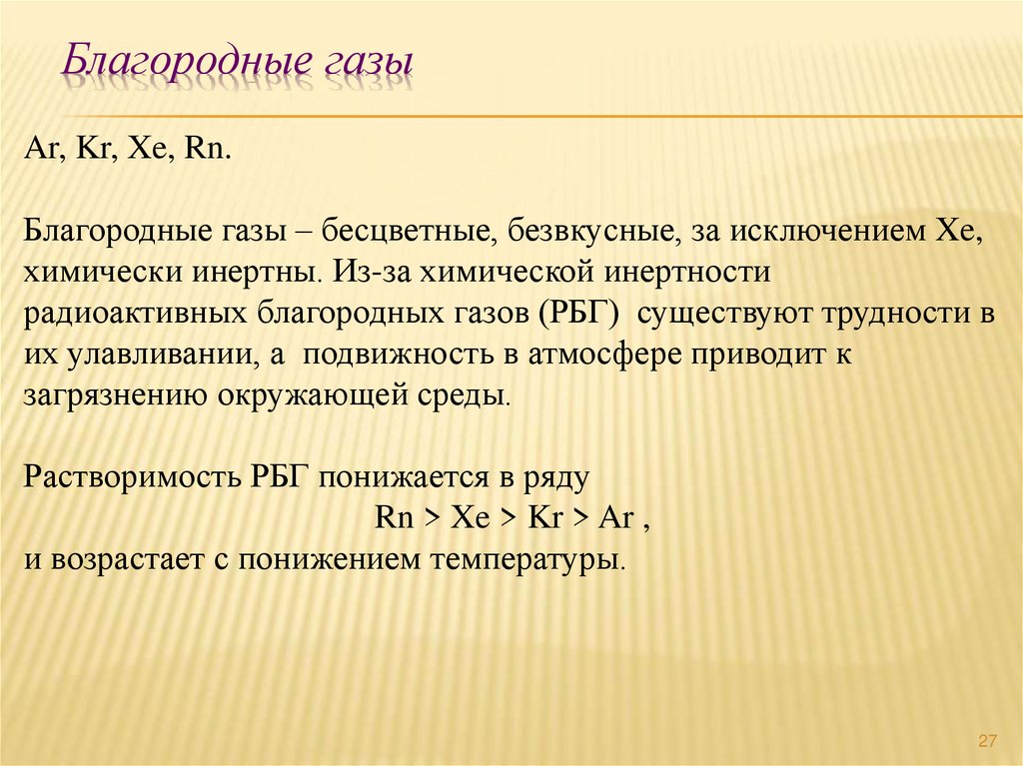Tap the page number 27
(988, 740)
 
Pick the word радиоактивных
(136, 313)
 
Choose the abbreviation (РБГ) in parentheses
(582, 313)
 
